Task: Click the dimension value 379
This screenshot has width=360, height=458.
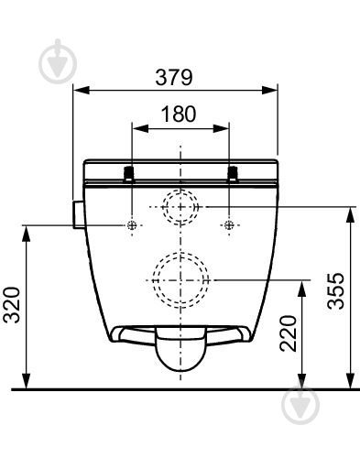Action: (174, 77)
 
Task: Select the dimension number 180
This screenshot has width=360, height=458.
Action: (179, 114)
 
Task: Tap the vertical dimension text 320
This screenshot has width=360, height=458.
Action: (12, 305)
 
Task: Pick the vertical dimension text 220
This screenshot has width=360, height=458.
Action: (288, 333)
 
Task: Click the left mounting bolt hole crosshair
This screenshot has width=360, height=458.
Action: (132, 225)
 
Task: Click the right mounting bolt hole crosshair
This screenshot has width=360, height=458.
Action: (229, 225)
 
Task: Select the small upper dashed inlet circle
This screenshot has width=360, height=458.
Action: (180, 207)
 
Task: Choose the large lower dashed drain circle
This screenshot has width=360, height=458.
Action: (180, 280)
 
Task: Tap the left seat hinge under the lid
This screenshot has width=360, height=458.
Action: (129, 174)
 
